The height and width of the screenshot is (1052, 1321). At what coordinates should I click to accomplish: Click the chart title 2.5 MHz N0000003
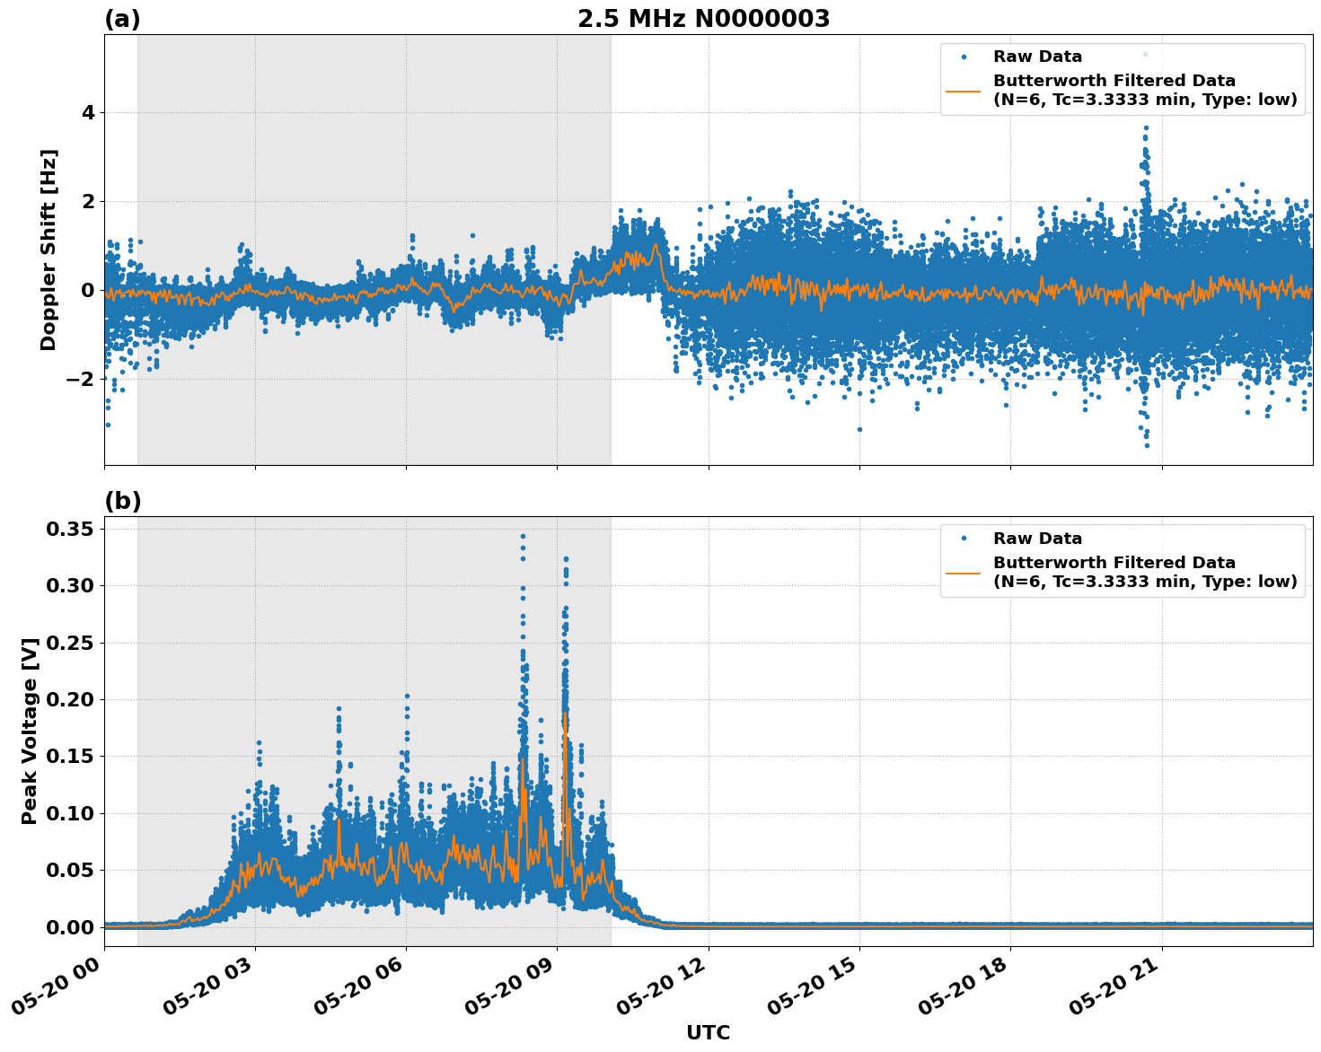(703, 19)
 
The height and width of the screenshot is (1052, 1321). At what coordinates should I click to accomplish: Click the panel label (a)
(122, 19)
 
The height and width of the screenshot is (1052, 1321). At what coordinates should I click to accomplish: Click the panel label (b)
(122, 501)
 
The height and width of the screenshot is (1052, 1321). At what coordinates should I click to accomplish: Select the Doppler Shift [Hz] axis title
(48, 250)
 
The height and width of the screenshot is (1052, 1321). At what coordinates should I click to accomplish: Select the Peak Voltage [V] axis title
(30, 731)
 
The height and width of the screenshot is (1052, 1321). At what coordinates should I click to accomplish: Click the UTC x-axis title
(708, 1032)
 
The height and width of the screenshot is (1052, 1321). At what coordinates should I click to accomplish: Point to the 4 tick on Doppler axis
(88, 113)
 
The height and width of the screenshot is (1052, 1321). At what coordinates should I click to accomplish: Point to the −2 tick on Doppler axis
(81, 379)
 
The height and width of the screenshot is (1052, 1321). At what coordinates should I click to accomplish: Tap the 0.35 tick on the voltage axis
(70, 530)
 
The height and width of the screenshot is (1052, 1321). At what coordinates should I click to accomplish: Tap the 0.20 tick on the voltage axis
(70, 700)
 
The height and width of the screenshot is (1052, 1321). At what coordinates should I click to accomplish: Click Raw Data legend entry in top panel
(1037, 57)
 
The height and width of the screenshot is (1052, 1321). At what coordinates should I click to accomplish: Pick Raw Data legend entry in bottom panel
(1037, 539)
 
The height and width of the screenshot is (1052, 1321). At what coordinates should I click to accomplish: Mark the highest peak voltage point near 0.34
(523, 536)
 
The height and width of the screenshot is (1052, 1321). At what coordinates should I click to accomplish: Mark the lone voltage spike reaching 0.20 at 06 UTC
(407, 696)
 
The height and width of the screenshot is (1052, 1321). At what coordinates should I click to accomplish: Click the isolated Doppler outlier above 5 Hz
(1145, 54)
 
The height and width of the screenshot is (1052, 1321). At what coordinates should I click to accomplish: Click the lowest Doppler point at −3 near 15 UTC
(859, 429)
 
